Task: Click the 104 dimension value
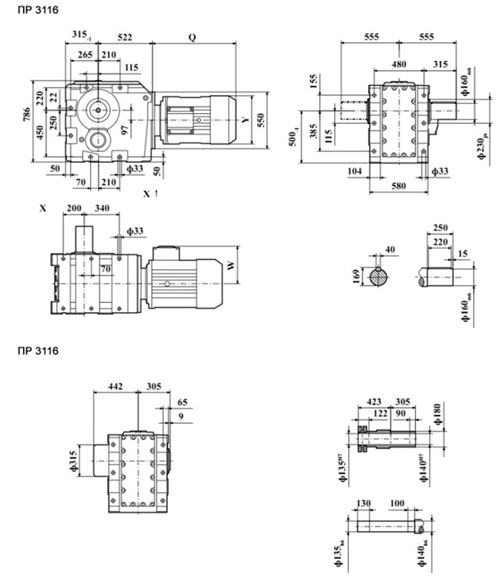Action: [x=354, y=171]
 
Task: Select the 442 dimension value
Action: [x=117, y=386]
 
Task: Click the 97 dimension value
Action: [x=124, y=130]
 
